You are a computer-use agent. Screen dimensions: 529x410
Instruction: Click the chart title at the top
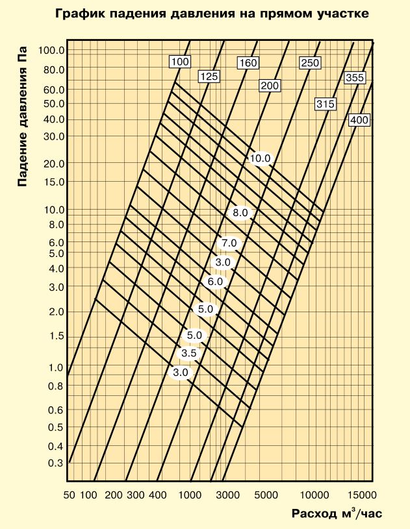[x=212, y=12]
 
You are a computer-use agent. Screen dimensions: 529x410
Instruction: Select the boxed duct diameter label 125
[x=209, y=77]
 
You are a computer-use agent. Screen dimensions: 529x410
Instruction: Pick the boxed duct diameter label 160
[x=248, y=64]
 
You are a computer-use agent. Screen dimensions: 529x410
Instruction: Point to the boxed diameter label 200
[x=269, y=86]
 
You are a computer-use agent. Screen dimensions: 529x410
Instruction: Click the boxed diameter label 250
[x=310, y=62]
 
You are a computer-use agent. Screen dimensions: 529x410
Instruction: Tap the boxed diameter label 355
[x=355, y=79]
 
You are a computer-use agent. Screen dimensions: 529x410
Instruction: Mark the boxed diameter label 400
[x=359, y=120]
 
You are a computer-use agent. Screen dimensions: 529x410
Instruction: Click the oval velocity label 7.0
[x=229, y=243]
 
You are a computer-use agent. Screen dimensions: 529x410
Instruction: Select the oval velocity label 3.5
[x=188, y=353]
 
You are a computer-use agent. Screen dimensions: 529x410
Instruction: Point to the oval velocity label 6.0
[x=214, y=282]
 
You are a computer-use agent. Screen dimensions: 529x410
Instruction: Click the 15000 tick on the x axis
[x=361, y=495]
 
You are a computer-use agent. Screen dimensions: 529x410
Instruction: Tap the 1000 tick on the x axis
[x=190, y=495]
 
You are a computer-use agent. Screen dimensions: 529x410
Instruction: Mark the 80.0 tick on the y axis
[x=54, y=69]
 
